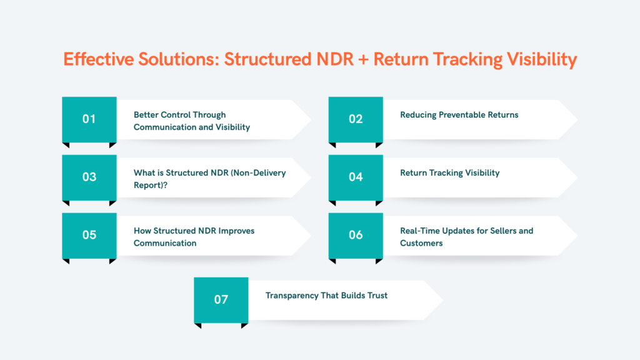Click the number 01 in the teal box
point(89,119)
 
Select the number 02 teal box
point(356,119)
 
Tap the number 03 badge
point(89,177)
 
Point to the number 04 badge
point(356,177)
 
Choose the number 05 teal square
point(89,235)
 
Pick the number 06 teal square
point(356,235)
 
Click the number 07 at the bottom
point(221,299)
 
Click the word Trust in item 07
point(376,295)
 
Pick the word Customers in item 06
point(421,243)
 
